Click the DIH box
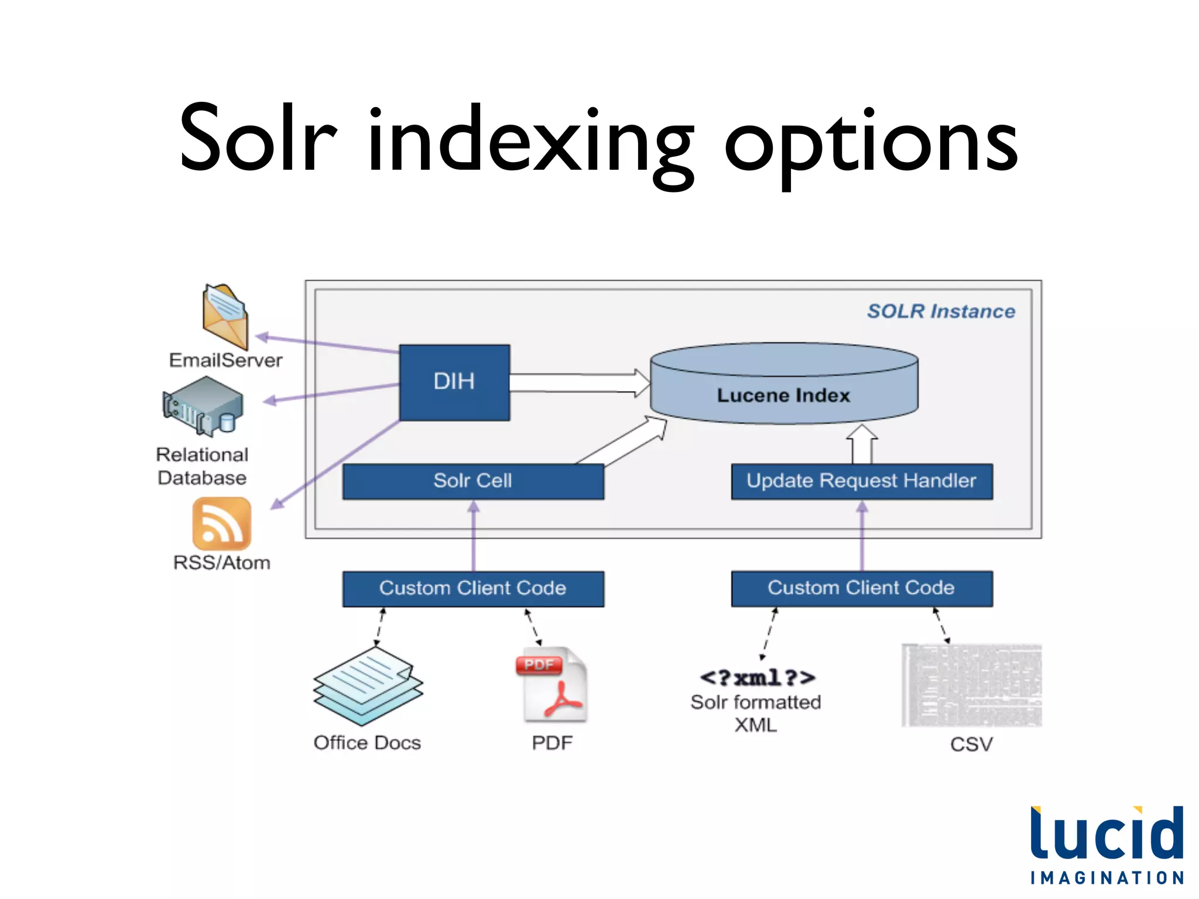point(454,382)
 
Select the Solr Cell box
point(473,481)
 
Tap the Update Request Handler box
point(862,481)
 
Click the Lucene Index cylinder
point(784,386)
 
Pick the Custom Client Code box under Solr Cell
point(473,588)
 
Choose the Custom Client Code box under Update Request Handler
point(862,588)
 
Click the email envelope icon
point(225,316)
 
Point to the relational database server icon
point(203,406)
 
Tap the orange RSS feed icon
point(221,523)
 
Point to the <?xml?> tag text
point(757,678)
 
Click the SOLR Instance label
point(941,311)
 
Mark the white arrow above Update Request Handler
point(862,444)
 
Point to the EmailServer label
point(226,361)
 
